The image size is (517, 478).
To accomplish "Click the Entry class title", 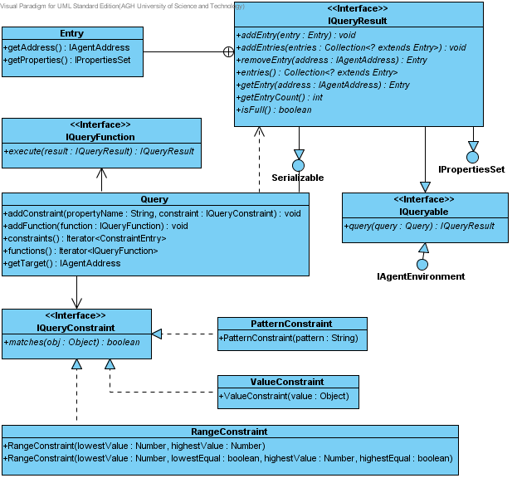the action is (71, 33).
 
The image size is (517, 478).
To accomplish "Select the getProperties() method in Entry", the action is (67, 60).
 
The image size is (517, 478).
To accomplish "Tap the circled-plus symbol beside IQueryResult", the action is (228, 51).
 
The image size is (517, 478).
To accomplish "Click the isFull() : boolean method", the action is (274, 110).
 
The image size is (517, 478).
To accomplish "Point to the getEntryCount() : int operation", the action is (280, 97).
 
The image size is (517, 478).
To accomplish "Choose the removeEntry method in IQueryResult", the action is (332, 60).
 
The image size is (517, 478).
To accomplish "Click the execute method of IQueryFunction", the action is (99, 151).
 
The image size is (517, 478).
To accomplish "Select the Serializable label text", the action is (298, 178).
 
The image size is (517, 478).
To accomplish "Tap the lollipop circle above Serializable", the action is (299, 165).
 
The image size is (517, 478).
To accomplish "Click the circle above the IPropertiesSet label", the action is (473, 157).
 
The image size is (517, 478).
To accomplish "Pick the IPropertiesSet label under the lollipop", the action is (471, 169).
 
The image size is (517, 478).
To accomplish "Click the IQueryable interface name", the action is (424, 212).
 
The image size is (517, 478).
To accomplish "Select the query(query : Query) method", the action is (419, 226).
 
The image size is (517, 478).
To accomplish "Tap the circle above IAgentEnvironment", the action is (422, 265).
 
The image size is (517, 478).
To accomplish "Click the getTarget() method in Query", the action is (62, 263).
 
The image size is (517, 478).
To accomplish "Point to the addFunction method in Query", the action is (95, 226).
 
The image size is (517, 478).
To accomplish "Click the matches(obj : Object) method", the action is (72, 342).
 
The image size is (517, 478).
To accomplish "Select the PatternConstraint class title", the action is (291, 324).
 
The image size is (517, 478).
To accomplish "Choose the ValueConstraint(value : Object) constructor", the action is (284, 396).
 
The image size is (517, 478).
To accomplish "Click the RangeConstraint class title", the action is (230, 432).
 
